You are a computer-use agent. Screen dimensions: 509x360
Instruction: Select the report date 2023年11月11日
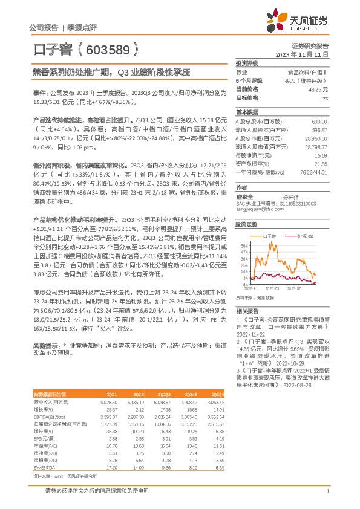[x=302, y=54]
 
